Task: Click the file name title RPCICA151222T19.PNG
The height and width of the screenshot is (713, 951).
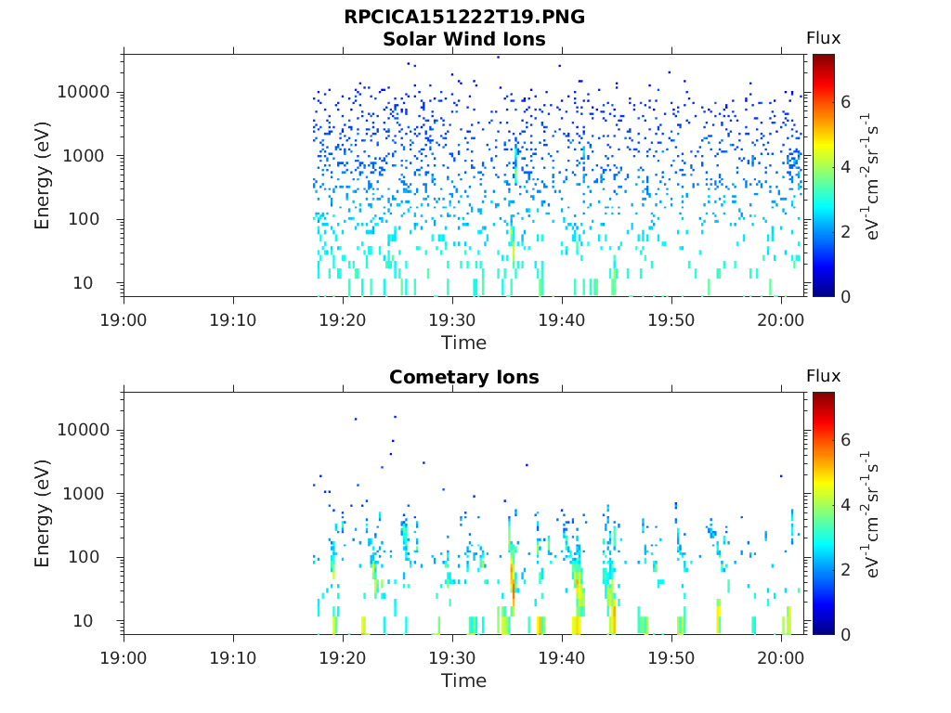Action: click(x=464, y=17)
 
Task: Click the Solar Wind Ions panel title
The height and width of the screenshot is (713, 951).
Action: click(x=464, y=39)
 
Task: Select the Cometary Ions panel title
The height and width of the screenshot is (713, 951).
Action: click(x=464, y=377)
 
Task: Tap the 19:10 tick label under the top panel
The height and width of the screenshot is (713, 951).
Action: click(x=233, y=320)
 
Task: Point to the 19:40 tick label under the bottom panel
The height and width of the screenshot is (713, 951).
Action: click(x=562, y=658)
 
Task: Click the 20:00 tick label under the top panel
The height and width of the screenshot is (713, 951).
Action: click(x=780, y=320)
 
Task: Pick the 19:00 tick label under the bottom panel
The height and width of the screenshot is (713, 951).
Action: click(x=124, y=658)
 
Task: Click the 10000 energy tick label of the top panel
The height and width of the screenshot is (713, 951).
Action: click(x=84, y=92)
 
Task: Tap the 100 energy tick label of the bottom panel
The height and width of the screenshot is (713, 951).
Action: click(x=84, y=557)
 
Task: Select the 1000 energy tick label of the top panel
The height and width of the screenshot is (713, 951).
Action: click(x=84, y=156)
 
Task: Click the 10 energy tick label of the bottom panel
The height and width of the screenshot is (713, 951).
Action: click(x=83, y=621)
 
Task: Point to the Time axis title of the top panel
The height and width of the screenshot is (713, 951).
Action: click(x=464, y=344)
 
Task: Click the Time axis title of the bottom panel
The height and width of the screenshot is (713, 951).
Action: click(x=464, y=681)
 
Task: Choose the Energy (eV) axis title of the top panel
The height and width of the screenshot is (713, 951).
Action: click(x=42, y=175)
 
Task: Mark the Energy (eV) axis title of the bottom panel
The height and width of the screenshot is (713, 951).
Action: click(x=42, y=513)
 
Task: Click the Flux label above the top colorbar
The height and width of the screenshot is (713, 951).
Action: click(x=824, y=38)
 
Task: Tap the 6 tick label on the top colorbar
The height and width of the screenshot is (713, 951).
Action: click(x=845, y=102)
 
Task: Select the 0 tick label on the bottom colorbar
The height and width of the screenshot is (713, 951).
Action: click(x=845, y=635)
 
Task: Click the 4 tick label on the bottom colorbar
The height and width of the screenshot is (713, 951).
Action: click(x=845, y=504)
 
